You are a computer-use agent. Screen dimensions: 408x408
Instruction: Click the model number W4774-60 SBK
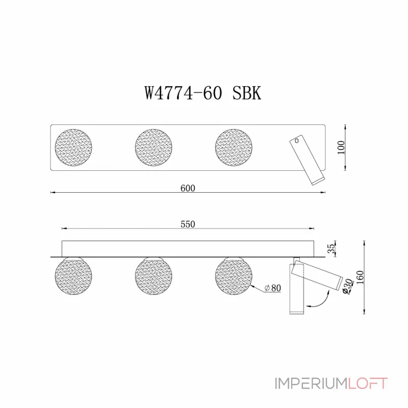(x=203, y=93)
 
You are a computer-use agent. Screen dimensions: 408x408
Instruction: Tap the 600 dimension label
(x=188, y=188)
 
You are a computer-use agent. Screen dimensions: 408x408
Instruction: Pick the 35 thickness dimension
(x=332, y=248)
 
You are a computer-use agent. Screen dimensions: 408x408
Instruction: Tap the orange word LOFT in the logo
(x=368, y=383)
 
